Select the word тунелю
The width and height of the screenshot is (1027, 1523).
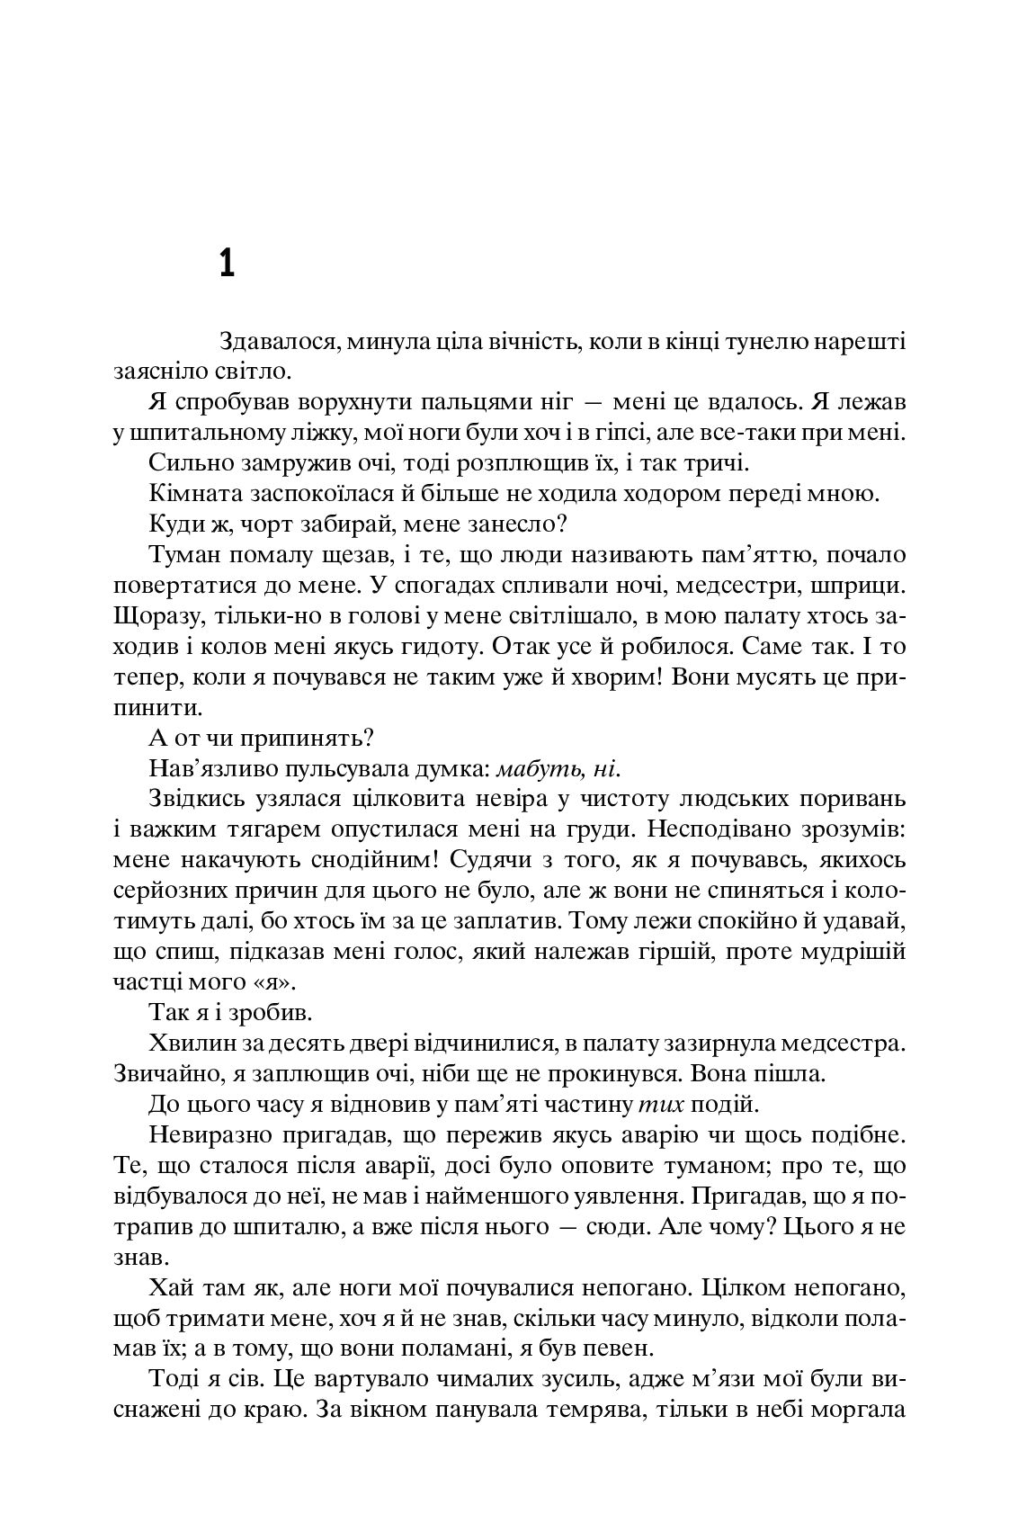729,343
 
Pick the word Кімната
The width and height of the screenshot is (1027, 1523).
190,494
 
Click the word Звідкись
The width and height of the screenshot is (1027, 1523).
191,799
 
